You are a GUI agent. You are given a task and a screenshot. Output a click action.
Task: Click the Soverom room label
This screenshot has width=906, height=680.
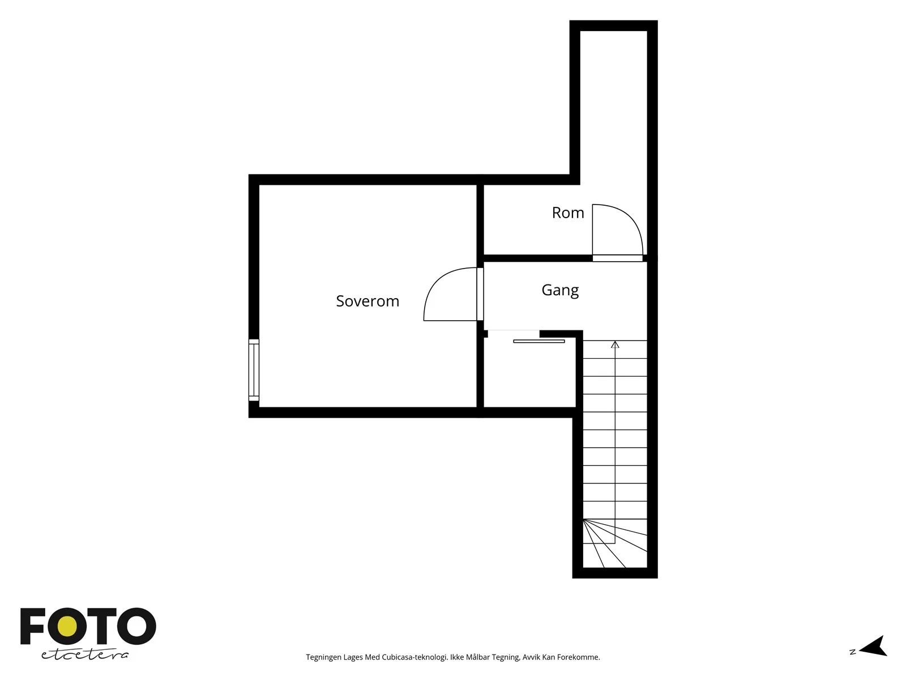367,301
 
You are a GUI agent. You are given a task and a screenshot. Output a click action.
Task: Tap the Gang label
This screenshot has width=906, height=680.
560,290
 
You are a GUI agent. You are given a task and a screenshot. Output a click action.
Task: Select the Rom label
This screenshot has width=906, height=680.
568,212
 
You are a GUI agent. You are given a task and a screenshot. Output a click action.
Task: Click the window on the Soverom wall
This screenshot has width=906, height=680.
254,370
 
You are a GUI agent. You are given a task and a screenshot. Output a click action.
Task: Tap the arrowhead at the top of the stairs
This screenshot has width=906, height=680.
615,345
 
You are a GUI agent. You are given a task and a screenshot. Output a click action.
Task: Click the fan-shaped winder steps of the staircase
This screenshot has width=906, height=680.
614,543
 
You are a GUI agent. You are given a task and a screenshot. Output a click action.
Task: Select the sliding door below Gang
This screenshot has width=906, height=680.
539,341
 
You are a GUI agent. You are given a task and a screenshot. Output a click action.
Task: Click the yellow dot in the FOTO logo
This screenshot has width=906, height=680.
67,627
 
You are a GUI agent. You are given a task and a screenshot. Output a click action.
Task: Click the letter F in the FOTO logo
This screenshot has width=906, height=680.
32,626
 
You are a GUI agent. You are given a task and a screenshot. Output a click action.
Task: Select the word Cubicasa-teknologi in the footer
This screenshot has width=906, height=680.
415,657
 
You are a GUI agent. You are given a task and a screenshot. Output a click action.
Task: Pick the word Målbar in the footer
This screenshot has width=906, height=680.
477,657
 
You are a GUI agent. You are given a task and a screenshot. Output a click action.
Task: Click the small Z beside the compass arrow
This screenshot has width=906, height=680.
853,652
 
